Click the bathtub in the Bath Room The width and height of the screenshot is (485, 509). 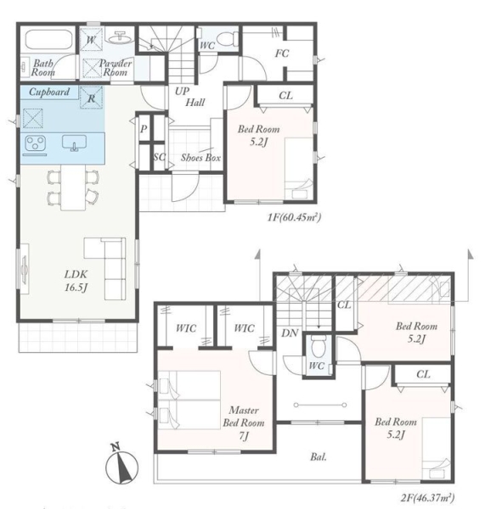tap(48, 40)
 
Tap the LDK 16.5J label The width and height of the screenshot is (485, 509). tap(76, 281)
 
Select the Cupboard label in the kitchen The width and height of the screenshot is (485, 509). tap(49, 92)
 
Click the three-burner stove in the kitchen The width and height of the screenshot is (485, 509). tap(35, 143)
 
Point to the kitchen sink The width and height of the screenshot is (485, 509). tap(75, 143)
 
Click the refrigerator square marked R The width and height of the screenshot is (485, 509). tap(92, 98)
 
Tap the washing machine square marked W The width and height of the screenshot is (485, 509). tap(92, 40)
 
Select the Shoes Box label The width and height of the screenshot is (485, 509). tap(200, 158)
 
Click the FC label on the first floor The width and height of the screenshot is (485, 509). tap(281, 53)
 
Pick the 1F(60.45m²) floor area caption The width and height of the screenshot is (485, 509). tap(294, 217)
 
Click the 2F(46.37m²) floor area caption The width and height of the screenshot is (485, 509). tap(427, 497)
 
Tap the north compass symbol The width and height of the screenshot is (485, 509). tap(121, 464)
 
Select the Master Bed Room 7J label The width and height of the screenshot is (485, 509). tap(244, 422)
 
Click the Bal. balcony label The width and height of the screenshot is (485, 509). tap(319, 457)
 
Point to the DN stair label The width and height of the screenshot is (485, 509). tap(290, 333)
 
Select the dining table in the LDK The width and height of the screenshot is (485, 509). tap(73, 187)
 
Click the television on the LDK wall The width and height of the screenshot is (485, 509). tap(25, 269)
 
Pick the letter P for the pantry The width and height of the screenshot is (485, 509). tap(144, 129)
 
